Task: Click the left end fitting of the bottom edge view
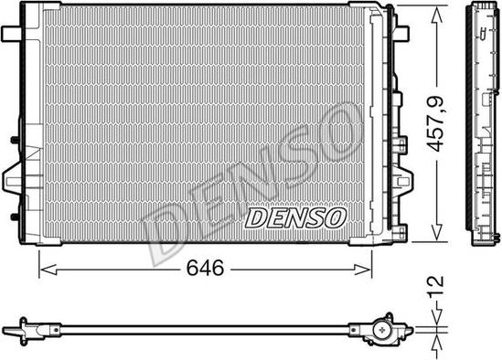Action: (x=27, y=326)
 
